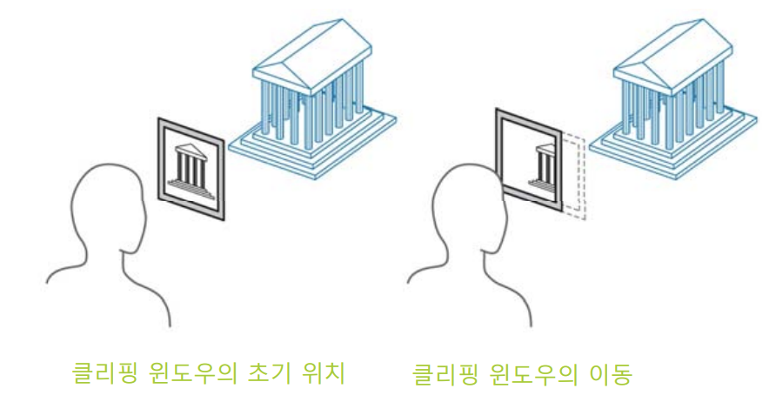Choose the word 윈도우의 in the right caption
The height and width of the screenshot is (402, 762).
[526, 376]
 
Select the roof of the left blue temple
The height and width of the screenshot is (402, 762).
[309, 48]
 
